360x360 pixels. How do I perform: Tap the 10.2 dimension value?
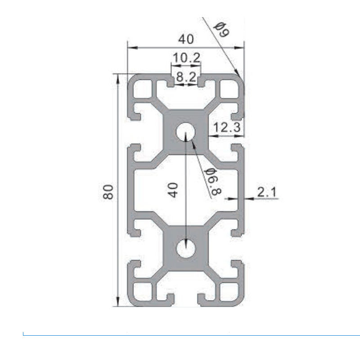[x=185, y=58]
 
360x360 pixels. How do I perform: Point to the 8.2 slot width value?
[x=185, y=78]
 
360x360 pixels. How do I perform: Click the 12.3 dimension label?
[x=226, y=128]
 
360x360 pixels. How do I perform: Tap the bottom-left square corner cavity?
[x=143, y=292]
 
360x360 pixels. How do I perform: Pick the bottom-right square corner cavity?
[x=229, y=292]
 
